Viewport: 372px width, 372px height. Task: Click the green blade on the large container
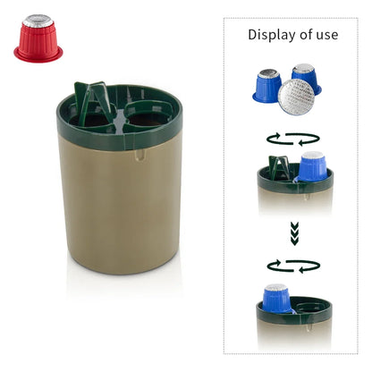93,100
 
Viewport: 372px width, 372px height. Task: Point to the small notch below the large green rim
140,155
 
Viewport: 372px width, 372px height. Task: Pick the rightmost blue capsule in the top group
307,76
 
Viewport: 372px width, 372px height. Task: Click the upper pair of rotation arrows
292,139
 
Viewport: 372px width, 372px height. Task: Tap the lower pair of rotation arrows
292,266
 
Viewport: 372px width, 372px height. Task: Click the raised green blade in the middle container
277,166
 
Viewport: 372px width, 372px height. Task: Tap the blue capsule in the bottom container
276,298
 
